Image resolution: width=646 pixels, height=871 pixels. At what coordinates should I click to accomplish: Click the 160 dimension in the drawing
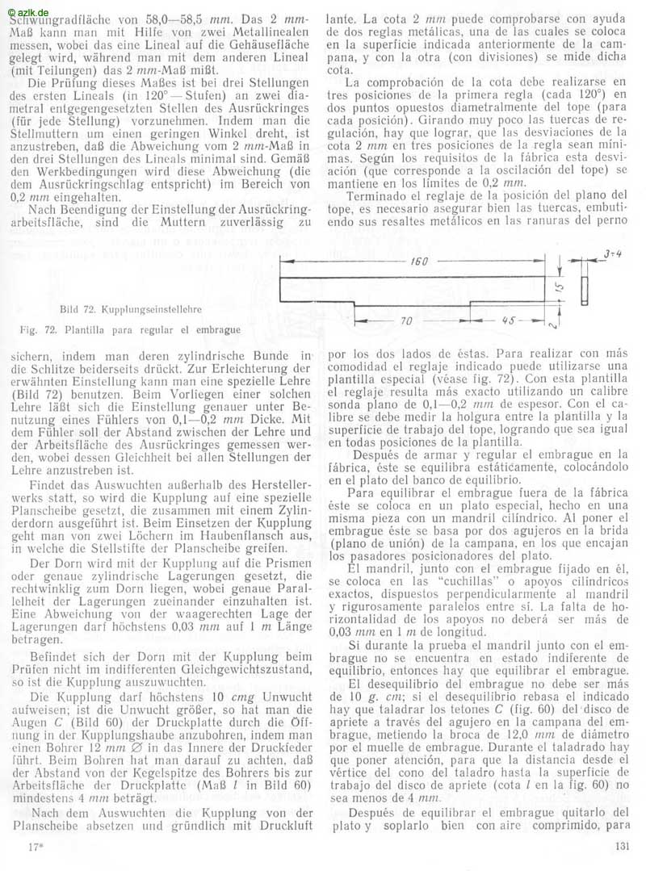point(417,262)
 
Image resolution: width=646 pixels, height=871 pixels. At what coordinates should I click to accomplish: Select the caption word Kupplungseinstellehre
point(153,308)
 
